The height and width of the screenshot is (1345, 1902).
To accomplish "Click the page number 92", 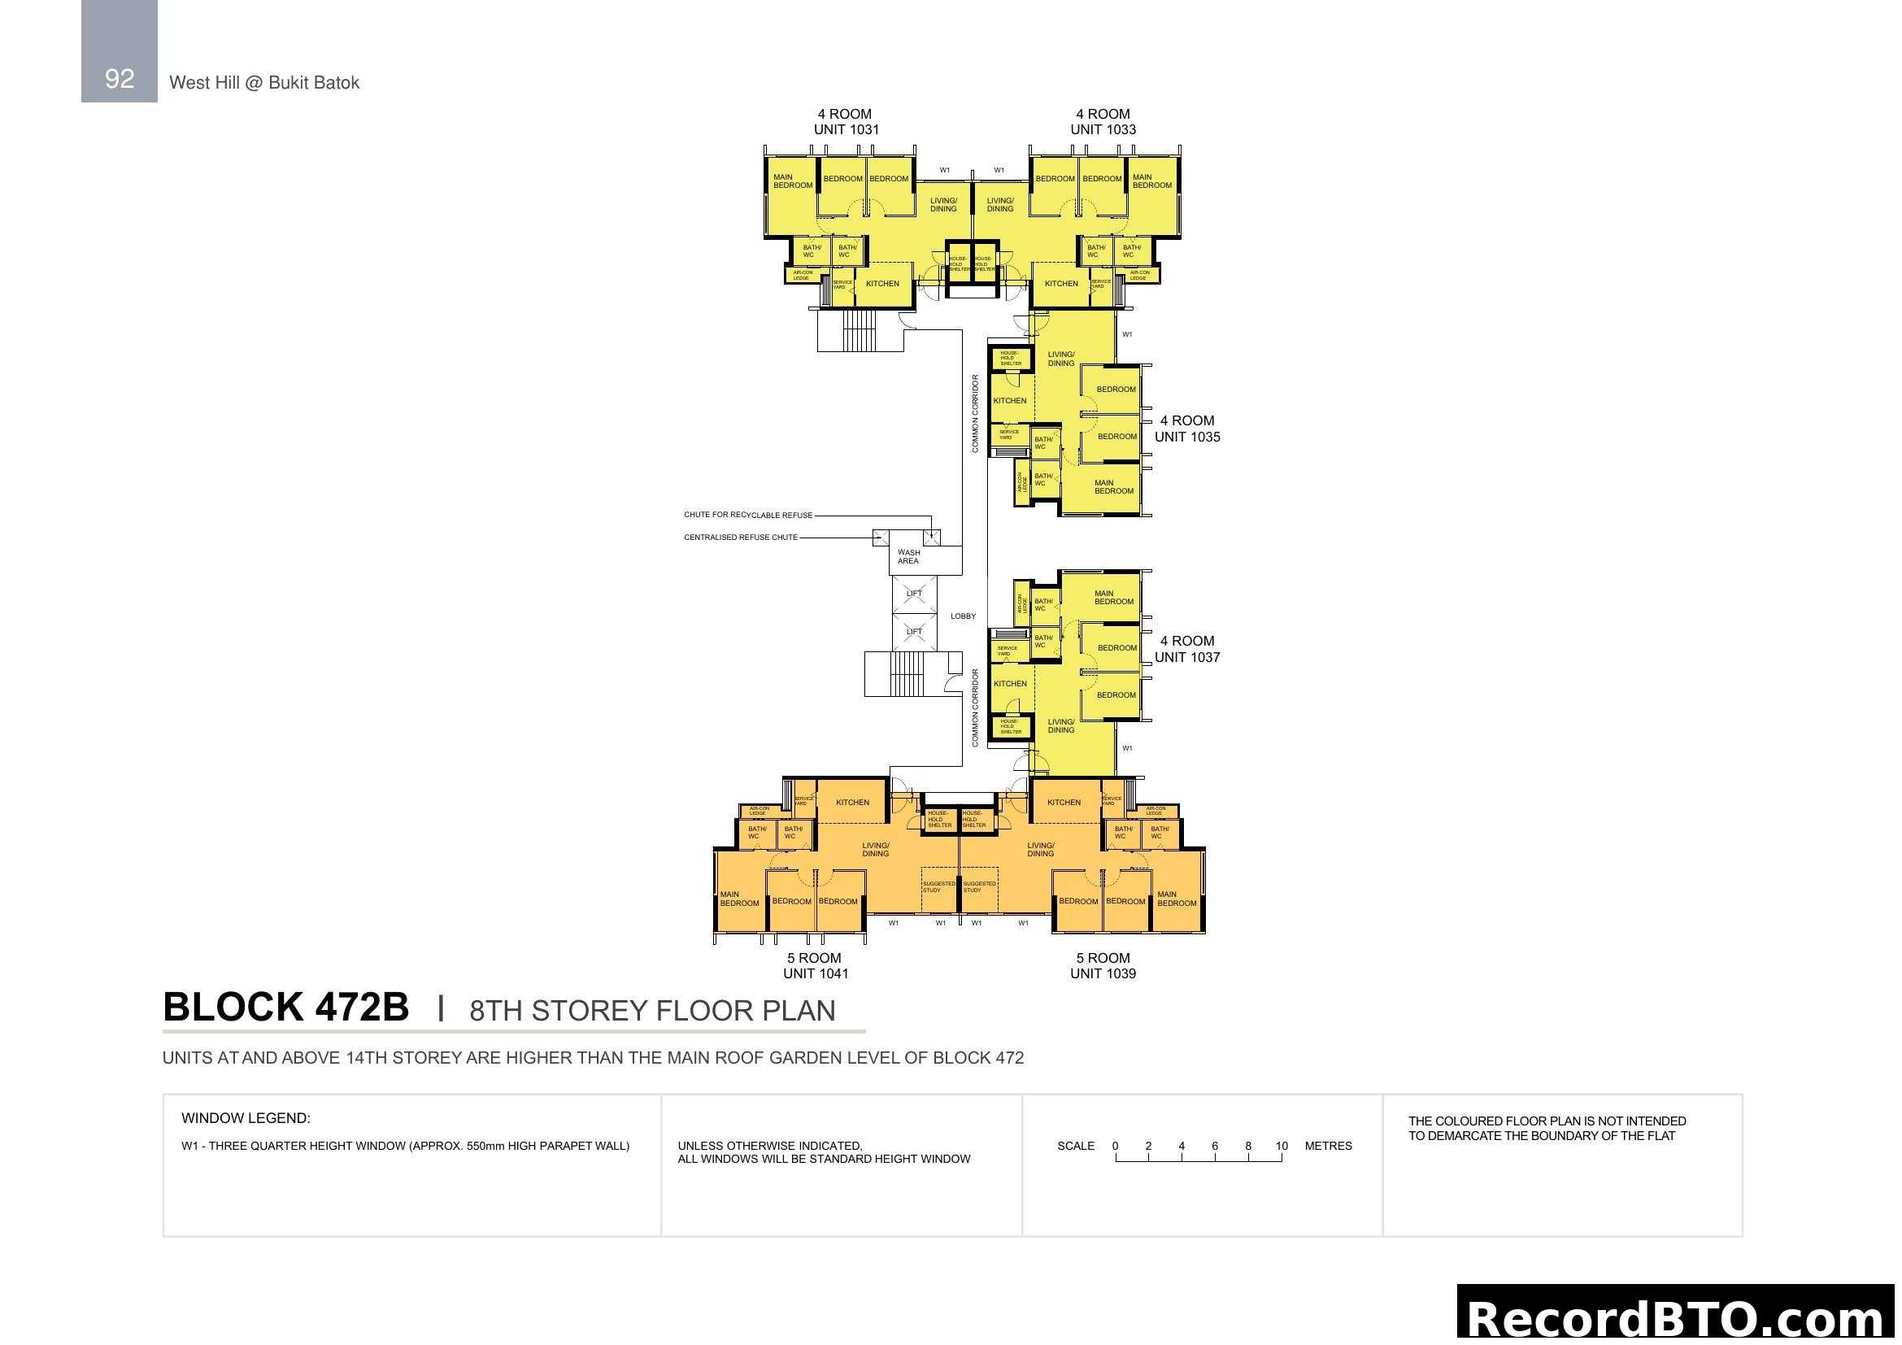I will [x=120, y=79].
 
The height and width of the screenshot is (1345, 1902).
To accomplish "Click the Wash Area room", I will [x=909, y=556].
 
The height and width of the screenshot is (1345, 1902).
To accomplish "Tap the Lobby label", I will [x=963, y=616].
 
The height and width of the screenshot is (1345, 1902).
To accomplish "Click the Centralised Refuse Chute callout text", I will [x=741, y=538].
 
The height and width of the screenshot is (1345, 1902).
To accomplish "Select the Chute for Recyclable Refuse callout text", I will [x=748, y=515].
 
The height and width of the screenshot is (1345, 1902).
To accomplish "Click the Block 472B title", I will [x=285, y=1008].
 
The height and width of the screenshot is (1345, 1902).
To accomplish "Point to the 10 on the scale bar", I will [x=1282, y=1147].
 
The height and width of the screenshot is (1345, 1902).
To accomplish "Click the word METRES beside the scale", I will [x=1328, y=1147].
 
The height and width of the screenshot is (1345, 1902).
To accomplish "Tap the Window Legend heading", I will [x=246, y=1118].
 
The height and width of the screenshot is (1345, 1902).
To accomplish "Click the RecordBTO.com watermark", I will [x=1675, y=1317].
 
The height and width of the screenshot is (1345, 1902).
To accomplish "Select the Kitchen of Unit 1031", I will [x=882, y=284].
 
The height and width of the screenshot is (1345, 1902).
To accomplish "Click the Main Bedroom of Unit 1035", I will [x=1113, y=487].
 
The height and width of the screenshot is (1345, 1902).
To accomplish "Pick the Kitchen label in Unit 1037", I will [x=1010, y=684].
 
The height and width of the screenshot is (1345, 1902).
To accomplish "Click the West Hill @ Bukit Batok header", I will [x=264, y=83].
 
